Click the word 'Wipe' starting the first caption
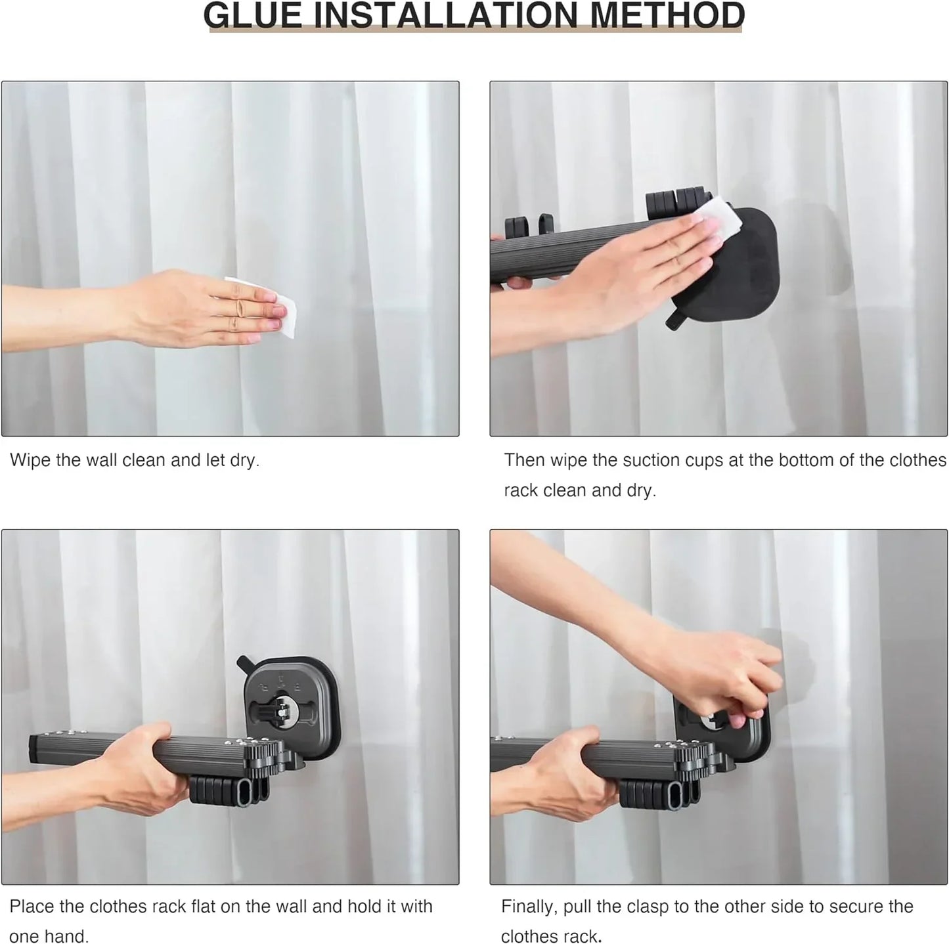pos(30,460)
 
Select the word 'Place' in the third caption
pos(32,907)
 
